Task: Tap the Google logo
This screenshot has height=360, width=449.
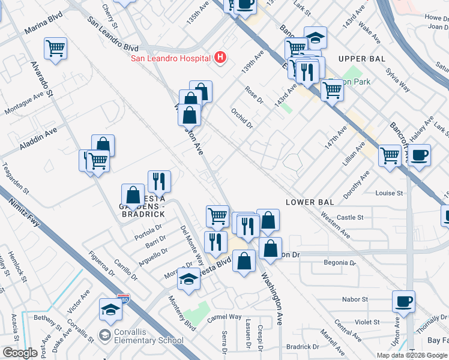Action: pyautogui.click(x=20, y=352)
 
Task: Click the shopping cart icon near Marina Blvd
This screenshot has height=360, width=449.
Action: pyautogui.click(x=55, y=47)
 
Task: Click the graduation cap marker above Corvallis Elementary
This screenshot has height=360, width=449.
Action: pyautogui.click(x=110, y=308)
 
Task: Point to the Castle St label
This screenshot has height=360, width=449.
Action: pyautogui.click(x=351, y=218)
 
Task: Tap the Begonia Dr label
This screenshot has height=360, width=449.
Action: pyautogui.click(x=336, y=263)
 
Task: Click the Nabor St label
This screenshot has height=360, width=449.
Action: pyautogui.click(x=356, y=299)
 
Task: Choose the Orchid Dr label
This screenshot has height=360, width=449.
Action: pyautogui.click(x=243, y=116)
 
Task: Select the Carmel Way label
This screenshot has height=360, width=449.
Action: pyautogui.click(x=224, y=316)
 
